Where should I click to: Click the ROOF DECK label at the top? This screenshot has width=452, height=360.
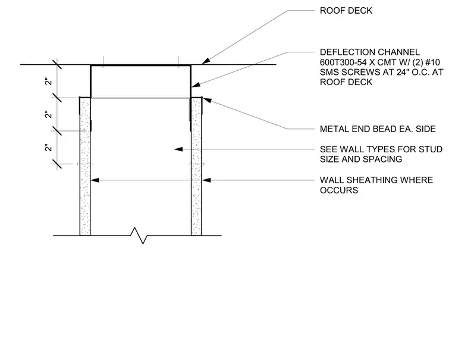(x=346, y=11)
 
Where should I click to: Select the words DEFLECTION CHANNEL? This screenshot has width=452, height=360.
(x=370, y=52)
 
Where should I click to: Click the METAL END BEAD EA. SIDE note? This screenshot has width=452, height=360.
(x=378, y=129)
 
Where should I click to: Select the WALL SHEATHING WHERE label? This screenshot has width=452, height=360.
(x=376, y=180)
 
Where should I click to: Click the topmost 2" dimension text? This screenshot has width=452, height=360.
(x=48, y=82)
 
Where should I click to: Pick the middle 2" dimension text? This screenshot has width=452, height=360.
(x=48, y=114)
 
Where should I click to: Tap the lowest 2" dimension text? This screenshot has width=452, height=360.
(x=48, y=148)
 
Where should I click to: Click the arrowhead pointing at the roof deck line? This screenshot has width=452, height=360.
(x=206, y=61)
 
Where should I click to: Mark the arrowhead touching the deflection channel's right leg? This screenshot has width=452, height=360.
(x=196, y=85)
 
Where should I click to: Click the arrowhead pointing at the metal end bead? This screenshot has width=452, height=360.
(x=207, y=101)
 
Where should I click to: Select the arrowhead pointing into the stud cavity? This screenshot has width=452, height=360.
(x=178, y=149)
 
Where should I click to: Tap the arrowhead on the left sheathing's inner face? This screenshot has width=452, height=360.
(x=95, y=180)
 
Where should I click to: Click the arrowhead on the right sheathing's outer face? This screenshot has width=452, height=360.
(x=206, y=180)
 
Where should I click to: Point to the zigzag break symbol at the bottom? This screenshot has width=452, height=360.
(x=139, y=236)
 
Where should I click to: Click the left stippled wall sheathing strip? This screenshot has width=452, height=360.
(x=85, y=167)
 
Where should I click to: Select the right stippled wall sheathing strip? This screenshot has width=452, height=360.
(x=196, y=167)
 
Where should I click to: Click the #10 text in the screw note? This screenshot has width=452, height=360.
(x=433, y=62)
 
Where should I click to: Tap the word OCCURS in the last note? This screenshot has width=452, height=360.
(x=339, y=190)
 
